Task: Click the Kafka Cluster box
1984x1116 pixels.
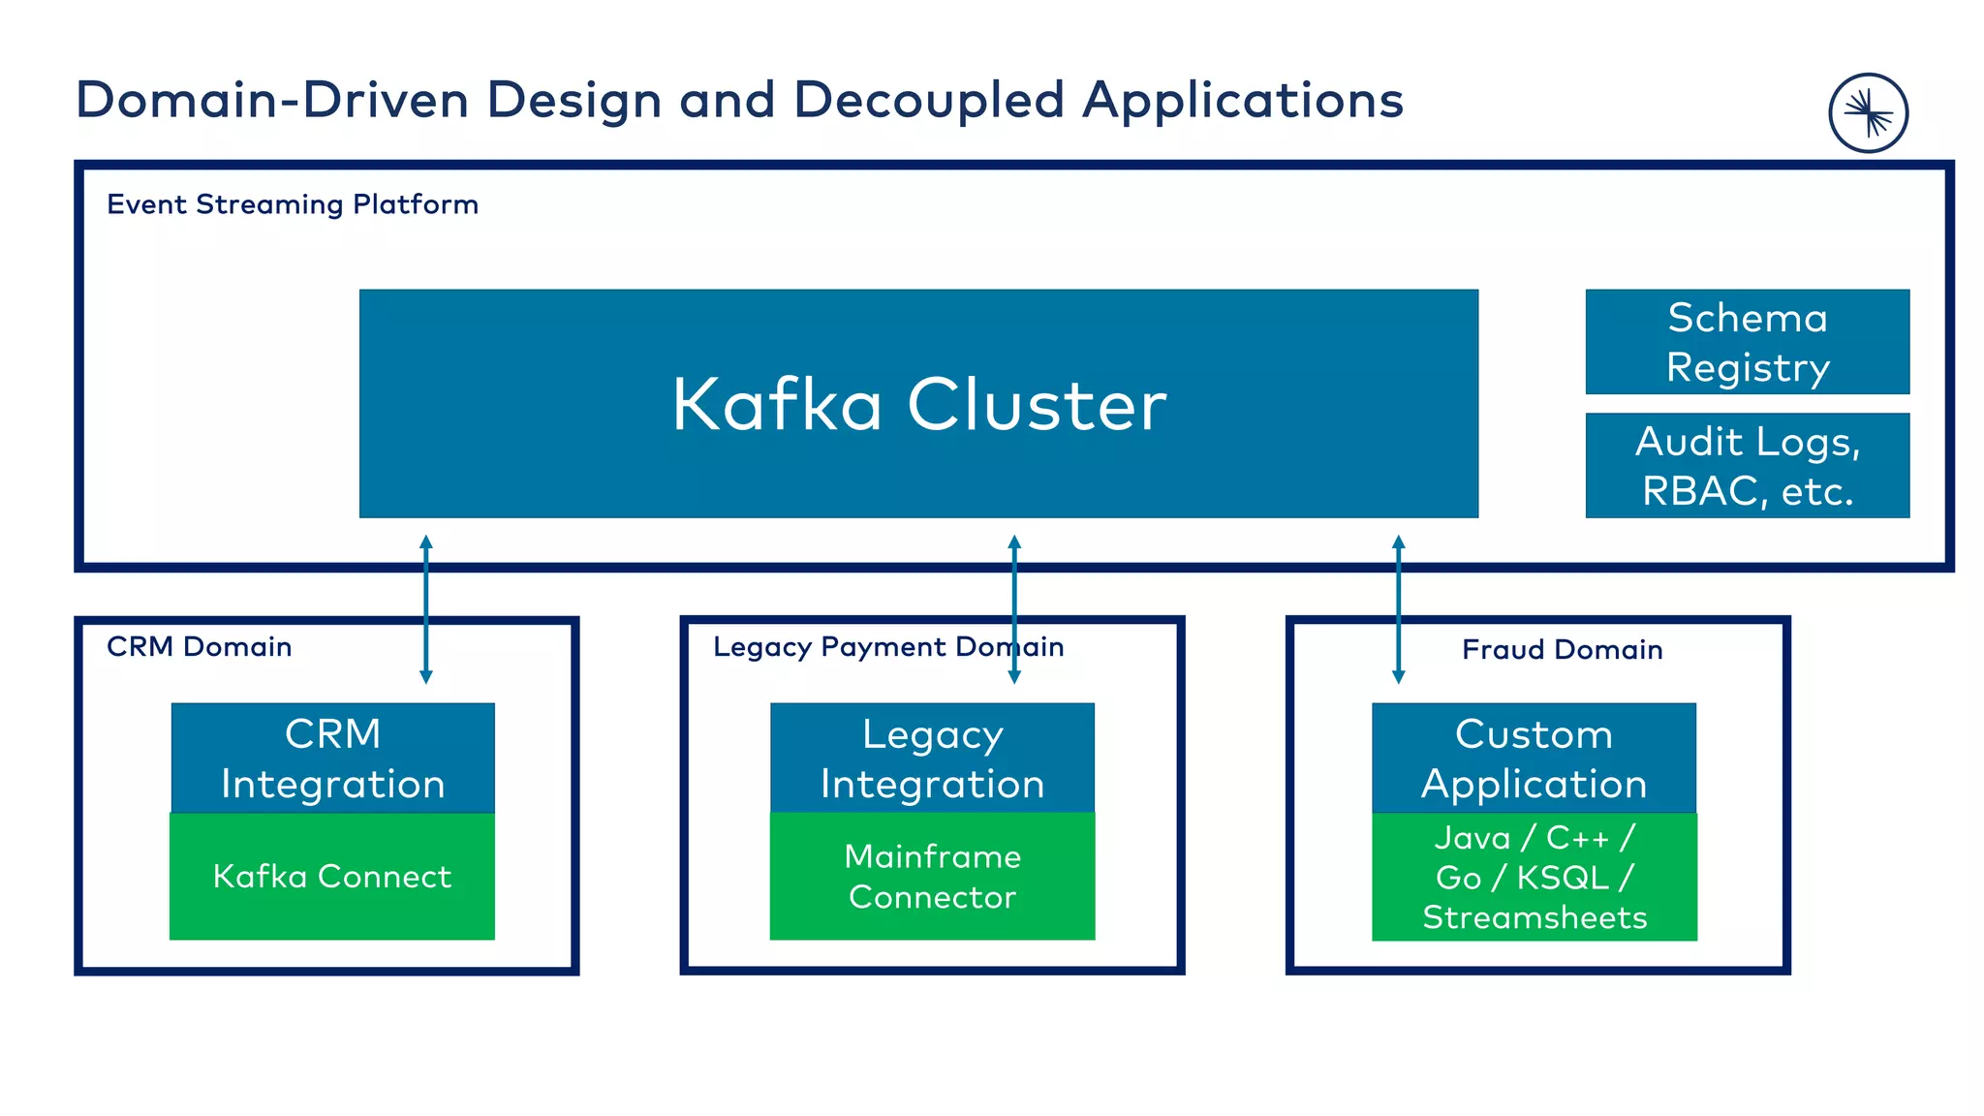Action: click(918, 403)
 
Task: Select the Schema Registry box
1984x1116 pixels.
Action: click(1747, 341)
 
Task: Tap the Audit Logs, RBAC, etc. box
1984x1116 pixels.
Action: click(1747, 465)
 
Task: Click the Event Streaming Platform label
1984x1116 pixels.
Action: click(292, 204)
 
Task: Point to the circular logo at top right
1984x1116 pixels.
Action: click(1868, 113)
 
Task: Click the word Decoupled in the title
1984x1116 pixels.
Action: click(928, 100)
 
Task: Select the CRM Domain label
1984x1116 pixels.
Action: click(199, 646)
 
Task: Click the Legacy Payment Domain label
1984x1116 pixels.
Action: click(887, 646)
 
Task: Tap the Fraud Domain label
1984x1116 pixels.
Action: click(1562, 649)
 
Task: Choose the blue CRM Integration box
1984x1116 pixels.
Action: click(332, 758)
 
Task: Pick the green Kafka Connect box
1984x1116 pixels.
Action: click(332, 876)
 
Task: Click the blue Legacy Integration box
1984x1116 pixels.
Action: click(932, 758)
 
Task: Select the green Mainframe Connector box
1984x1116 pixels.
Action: click(932, 876)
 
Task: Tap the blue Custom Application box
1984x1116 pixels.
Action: click(1534, 758)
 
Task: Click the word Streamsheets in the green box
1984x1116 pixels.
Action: click(1534, 916)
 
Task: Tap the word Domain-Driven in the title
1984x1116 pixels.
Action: click(272, 100)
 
